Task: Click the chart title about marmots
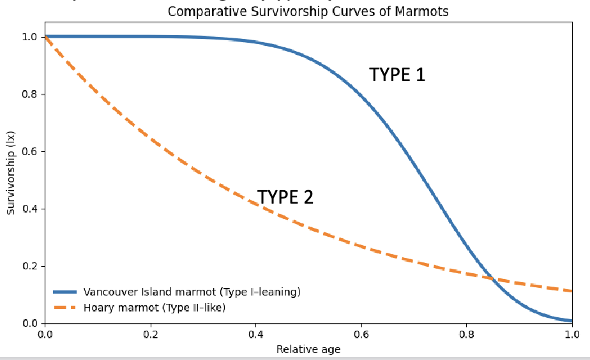(308, 11)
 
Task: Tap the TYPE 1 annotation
(397, 75)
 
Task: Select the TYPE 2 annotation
(285, 197)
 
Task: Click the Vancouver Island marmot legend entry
(192, 292)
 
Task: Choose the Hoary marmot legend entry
(155, 308)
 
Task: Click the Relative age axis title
(308, 349)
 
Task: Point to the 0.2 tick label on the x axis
(150, 333)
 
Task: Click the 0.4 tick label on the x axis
(255, 333)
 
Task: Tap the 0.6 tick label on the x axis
(361, 333)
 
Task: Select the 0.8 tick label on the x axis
(467, 333)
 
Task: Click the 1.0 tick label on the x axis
(572, 333)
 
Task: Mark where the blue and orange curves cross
(492, 278)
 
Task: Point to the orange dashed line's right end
(571, 291)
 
